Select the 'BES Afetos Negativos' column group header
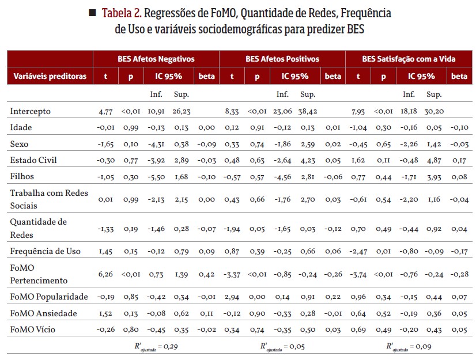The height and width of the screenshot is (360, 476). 156,59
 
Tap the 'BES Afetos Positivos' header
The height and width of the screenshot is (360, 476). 282,59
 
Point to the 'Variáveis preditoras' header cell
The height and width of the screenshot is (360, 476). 50,76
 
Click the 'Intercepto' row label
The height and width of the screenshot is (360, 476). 31,111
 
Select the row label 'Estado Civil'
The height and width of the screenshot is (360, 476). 33,160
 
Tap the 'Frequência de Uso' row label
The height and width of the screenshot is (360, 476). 46,251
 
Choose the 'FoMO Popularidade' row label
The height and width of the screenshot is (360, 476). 49,297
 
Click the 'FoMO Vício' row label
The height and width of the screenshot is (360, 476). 33,329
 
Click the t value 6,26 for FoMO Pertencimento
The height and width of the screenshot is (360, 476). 105,274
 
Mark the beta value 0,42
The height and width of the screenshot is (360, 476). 206,274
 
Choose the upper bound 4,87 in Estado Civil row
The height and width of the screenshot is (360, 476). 434,160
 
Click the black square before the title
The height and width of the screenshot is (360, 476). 92,13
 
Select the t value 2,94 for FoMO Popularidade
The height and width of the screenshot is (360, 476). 232,297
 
